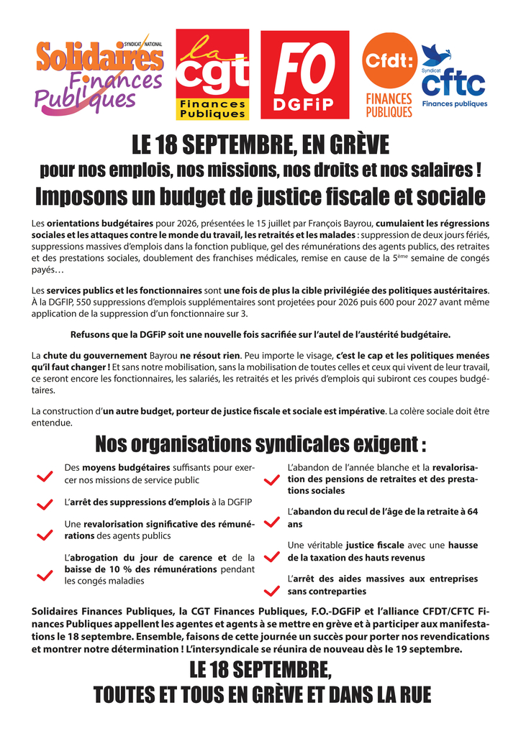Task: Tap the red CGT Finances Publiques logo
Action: pyautogui.click(x=212, y=75)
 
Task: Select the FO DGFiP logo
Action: pyautogui.click(x=304, y=75)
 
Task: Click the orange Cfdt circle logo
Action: pyautogui.click(x=389, y=63)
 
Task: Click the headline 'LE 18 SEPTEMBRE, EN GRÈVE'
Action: pyautogui.click(x=260, y=146)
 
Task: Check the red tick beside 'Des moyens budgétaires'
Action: pyautogui.click(x=45, y=476)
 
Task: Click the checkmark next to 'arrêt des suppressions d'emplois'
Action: pyautogui.click(x=45, y=505)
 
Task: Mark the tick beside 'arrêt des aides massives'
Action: pyautogui.click(x=271, y=589)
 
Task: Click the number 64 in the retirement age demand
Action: pyautogui.click(x=472, y=512)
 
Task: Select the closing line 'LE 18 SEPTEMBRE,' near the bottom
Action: pyautogui.click(x=260, y=672)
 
